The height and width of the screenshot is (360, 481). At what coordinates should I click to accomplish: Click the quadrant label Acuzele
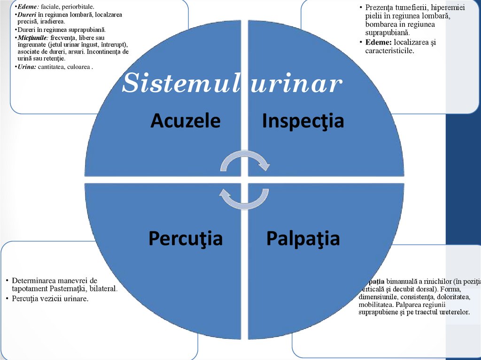point(186,121)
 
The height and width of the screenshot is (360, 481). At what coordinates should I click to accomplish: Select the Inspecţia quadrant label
point(303,121)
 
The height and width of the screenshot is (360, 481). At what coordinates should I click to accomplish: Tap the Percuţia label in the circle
point(185,238)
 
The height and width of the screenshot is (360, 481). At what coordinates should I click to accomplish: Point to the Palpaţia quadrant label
point(303,238)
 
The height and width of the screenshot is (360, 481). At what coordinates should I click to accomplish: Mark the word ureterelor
point(453,312)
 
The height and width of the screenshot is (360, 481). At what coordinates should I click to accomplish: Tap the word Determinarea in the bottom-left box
point(33,281)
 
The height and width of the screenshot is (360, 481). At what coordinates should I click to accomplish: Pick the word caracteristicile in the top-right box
point(389,50)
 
